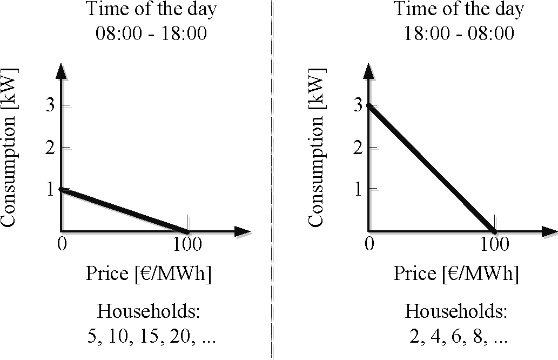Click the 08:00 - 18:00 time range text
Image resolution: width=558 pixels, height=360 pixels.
[151, 34]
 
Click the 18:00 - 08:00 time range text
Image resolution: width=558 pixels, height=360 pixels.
[459, 34]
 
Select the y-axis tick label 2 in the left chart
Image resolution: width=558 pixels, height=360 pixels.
[50, 147]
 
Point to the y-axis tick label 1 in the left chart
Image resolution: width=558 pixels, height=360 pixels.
[50, 189]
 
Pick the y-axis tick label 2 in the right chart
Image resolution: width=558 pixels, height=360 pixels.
[358, 147]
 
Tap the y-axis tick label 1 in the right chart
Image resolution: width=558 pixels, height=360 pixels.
[358, 189]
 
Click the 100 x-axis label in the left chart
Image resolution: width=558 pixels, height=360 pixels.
[187, 244]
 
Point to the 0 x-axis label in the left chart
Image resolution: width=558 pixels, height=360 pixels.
[62, 244]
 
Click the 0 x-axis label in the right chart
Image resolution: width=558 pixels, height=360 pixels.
[369, 244]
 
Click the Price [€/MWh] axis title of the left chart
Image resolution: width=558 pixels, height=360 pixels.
[149, 274]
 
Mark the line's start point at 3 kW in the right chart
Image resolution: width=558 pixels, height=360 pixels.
[369, 105]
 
